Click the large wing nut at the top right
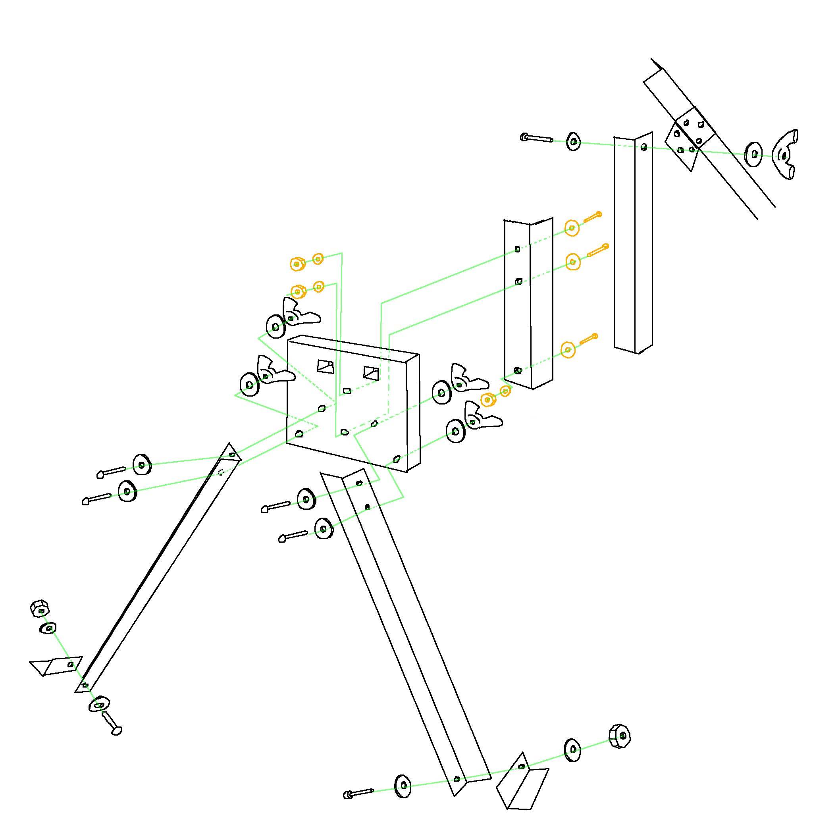[785, 155]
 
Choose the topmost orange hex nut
[297, 264]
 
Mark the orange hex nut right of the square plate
[488, 399]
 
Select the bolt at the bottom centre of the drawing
[358, 794]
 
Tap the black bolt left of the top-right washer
[537, 138]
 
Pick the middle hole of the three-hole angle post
[518, 281]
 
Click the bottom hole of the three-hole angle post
[518, 371]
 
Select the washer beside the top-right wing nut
[753, 154]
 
